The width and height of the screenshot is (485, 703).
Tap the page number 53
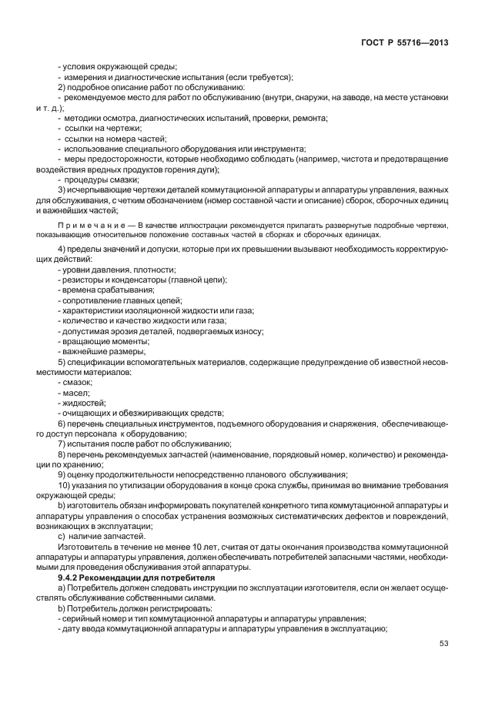tap(443, 644)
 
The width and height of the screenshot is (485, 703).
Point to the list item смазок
tap(75, 382)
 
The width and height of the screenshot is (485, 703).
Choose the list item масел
tap(74, 392)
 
